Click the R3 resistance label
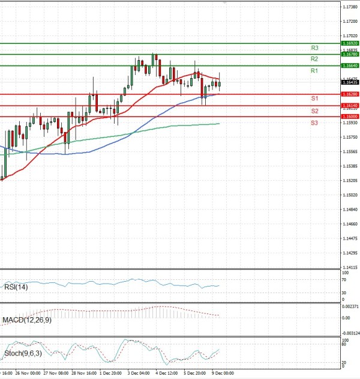click(x=314, y=47)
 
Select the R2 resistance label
click(x=314, y=59)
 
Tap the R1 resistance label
click(x=314, y=71)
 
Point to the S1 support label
click(x=314, y=98)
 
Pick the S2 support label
click(x=314, y=111)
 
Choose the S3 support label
click(x=314, y=123)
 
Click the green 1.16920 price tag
click(x=350, y=43)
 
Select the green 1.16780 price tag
click(x=350, y=54)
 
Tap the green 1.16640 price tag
click(x=350, y=65)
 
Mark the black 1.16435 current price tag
click(x=350, y=82)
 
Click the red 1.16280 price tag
click(x=350, y=94)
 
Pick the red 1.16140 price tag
click(x=350, y=106)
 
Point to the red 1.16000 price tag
click(x=350, y=117)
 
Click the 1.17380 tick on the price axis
click(x=350, y=7)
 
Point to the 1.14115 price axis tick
click(x=350, y=268)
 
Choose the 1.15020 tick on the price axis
click(x=350, y=195)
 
